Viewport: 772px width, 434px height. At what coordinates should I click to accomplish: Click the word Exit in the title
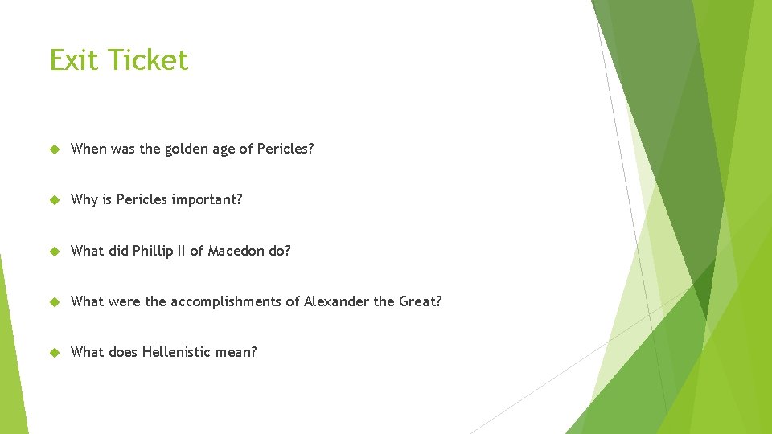tap(75, 60)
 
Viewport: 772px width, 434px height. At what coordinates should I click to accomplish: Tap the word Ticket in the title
tap(149, 60)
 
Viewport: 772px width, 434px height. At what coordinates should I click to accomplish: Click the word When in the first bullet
tap(88, 149)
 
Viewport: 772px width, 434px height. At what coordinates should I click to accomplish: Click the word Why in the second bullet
tap(84, 199)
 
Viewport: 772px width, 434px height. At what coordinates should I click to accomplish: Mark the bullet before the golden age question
tap(55, 149)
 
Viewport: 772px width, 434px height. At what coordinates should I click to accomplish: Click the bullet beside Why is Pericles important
tap(55, 200)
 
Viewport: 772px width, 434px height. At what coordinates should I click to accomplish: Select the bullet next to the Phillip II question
tap(55, 251)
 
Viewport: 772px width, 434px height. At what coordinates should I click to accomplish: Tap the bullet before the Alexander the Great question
tap(55, 302)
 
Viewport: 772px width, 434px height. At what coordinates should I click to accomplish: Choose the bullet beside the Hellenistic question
tap(55, 353)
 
